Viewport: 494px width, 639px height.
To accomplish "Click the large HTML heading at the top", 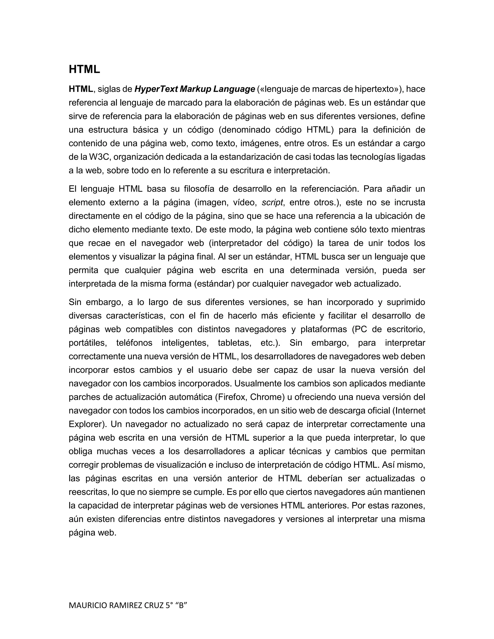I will (84, 69).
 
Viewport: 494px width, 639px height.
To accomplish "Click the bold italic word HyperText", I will (156, 89).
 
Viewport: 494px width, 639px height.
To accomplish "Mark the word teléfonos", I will (134, 343).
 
